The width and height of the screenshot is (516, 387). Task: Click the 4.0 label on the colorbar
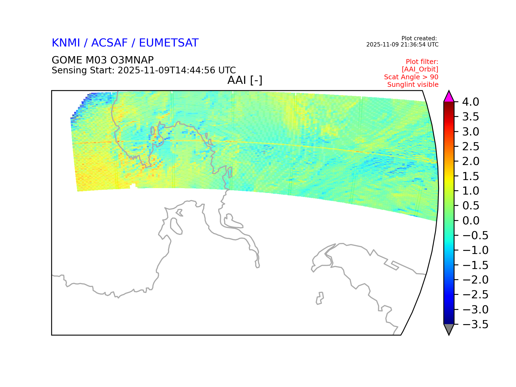[471, 102]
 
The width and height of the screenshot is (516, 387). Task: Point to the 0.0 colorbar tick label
[471, 221]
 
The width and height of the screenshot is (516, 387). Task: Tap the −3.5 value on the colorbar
[475, 324]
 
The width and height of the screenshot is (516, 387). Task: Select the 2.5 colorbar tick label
[471, 146]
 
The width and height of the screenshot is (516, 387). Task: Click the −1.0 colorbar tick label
[475, 250]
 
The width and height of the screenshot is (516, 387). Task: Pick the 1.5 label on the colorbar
[471, 176]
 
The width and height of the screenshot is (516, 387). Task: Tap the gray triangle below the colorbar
[449, 329]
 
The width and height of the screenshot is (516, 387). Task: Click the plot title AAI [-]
[245, 80]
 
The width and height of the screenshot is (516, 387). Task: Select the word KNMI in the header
[66, 43]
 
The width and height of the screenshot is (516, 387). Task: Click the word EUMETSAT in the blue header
[169, 43]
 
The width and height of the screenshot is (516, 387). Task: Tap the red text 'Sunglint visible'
[413, 85]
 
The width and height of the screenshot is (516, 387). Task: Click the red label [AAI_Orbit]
[420, 69]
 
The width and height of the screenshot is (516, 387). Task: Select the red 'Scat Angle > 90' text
[411, 77]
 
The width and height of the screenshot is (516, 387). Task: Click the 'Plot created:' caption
[419, 38]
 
